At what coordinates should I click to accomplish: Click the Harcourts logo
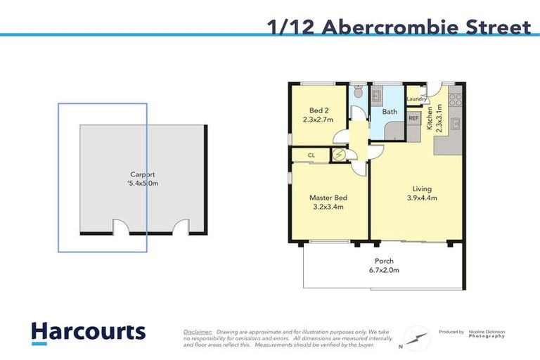(88, 332)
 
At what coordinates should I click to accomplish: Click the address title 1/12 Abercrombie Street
(399, 27)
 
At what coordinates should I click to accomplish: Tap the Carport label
(143, 174)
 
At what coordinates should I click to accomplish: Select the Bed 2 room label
(319, 110)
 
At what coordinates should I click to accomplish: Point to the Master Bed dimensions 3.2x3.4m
(328, 207)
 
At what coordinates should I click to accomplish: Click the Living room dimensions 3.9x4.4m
(422, 198)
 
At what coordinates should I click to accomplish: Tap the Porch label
(384, 261)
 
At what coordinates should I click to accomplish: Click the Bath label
(389, 111)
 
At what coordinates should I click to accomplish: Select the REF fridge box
(413, 118)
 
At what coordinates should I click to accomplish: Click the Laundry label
(417, 99)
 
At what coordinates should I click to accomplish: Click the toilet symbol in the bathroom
(358, 92)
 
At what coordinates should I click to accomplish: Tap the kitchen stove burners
(455, 99)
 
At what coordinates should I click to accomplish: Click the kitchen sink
(456, 125)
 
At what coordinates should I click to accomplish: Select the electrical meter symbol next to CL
(339, 155)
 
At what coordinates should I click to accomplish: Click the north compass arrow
(416, 337)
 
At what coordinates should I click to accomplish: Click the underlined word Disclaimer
(198, 331)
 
